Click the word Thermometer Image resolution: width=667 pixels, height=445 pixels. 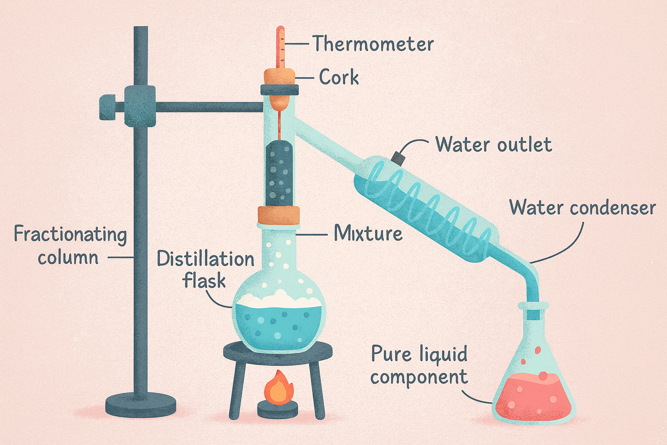click(x=373, y=43)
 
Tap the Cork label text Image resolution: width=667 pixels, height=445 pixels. click(x=339, y=77)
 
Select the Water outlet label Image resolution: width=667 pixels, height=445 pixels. click(x=494, y=145)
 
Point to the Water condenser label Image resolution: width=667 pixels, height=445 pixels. click(x=583, y=207)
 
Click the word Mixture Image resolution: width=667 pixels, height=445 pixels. click(x=368, y=233)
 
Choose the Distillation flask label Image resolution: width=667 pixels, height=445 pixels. click(x=205, y=269)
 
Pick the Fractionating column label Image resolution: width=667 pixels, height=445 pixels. click(x=71, y=245)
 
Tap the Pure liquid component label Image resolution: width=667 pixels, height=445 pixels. click(x=419, y=366)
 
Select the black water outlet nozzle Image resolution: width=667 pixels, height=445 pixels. click(x=398, y=159)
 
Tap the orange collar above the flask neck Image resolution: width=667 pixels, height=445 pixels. click(x=278, y=215)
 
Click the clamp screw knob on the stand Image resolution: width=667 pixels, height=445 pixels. click(x=108, y=107)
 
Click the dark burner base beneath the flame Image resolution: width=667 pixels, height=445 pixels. click(x=277, y=409)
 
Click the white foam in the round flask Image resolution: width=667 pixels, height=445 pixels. click(x=278, y=299)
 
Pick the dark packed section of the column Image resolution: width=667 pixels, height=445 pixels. click(x=279, y=173)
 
